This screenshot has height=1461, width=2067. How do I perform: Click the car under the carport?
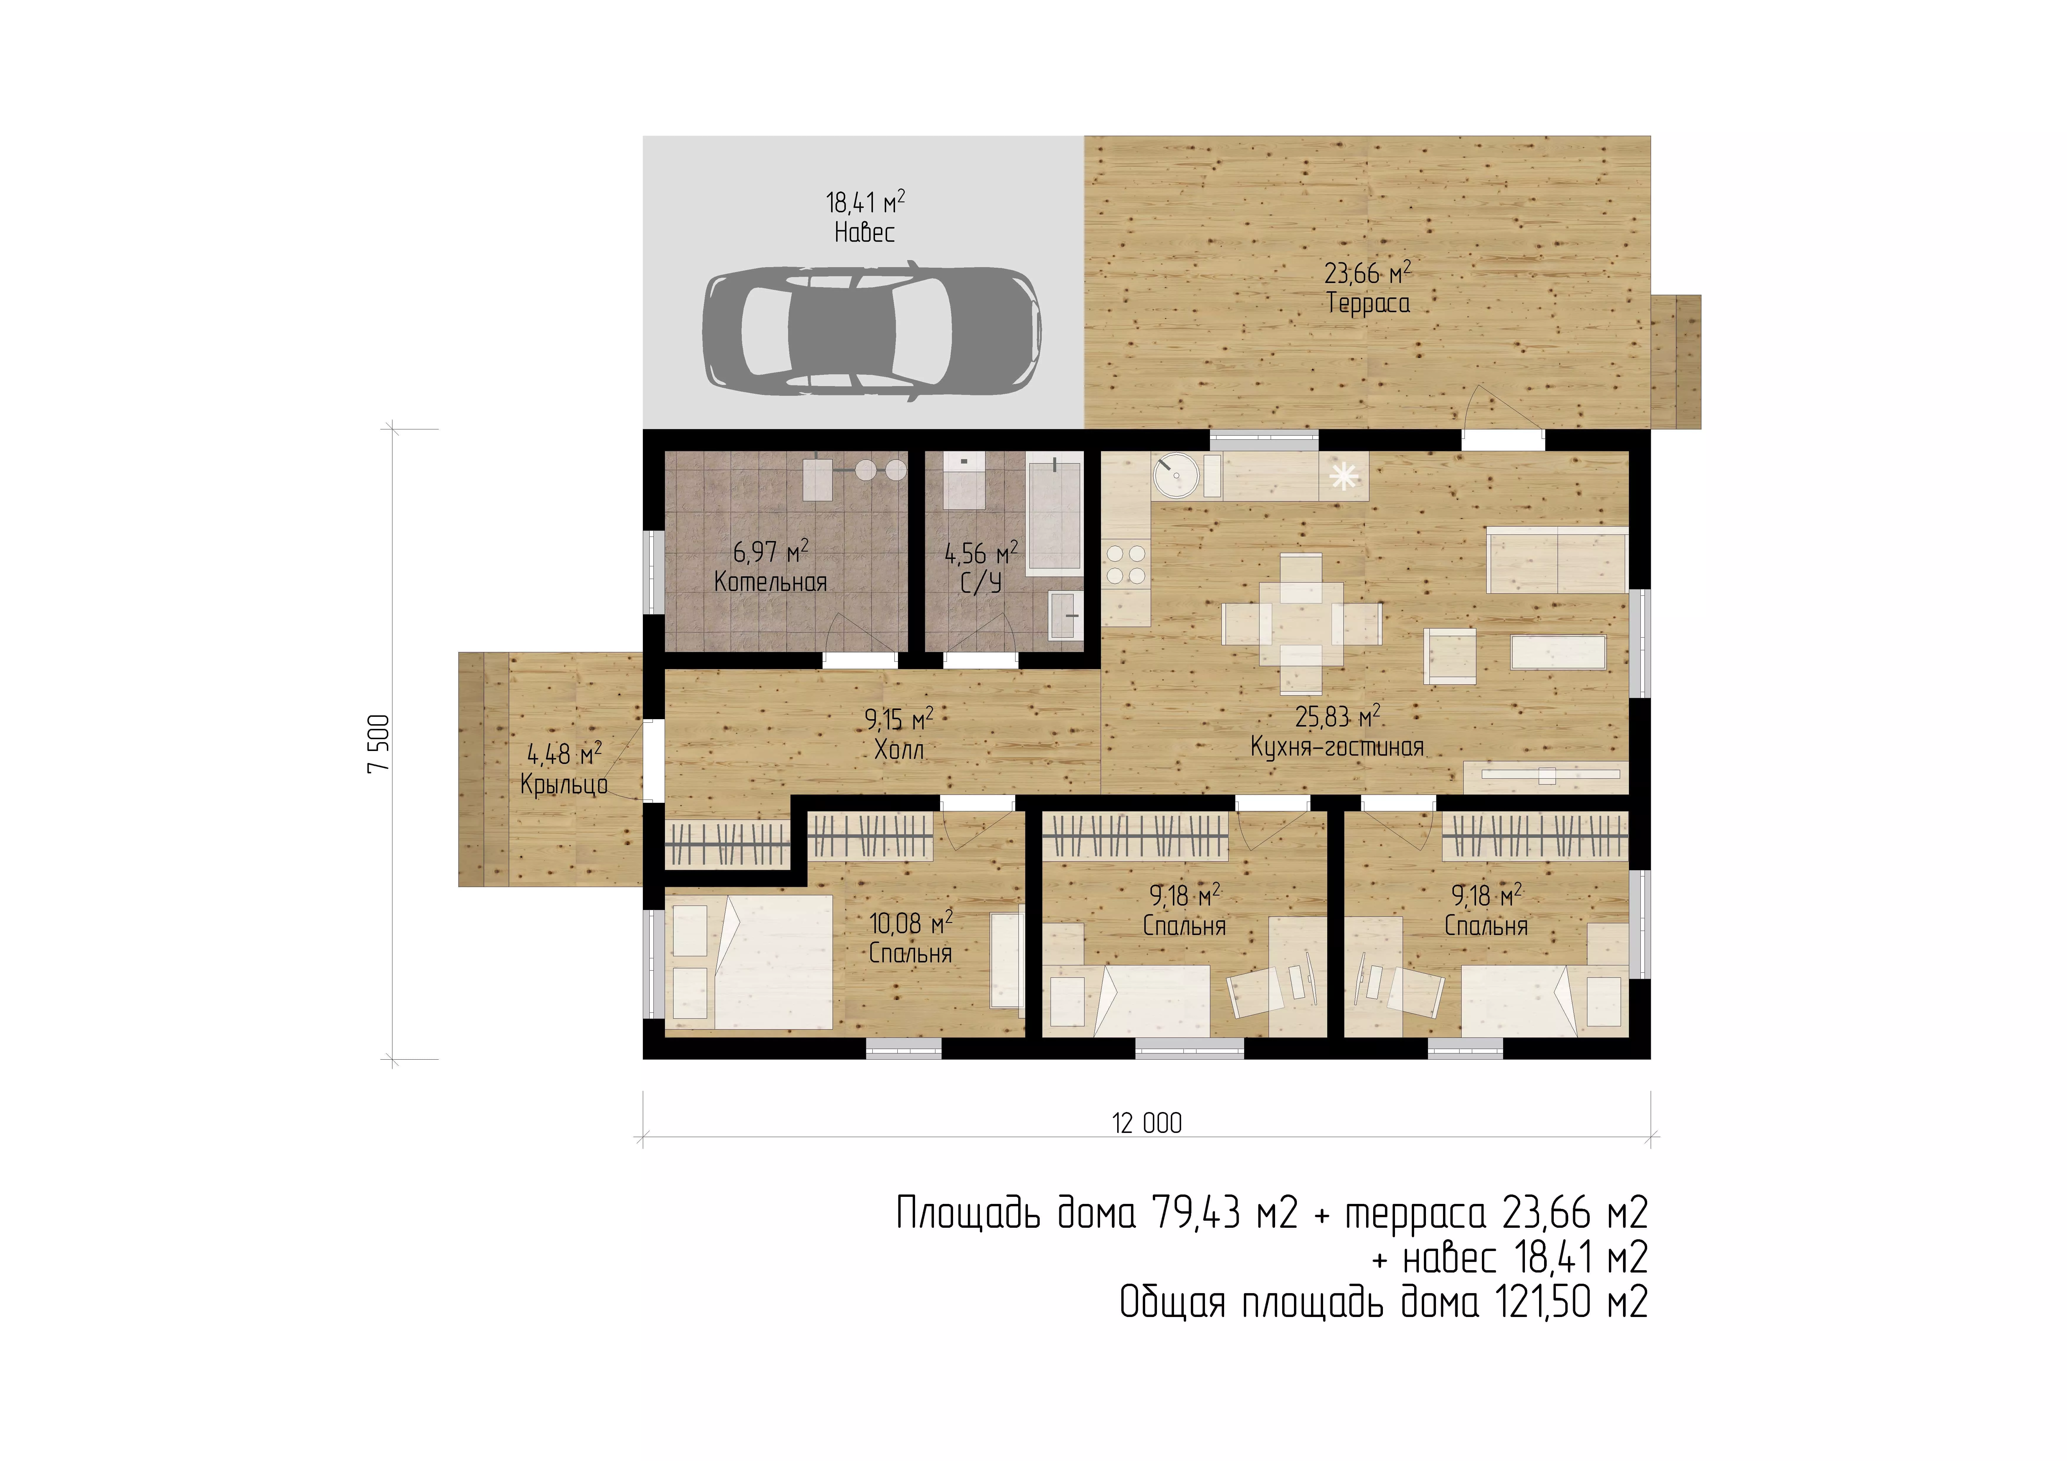click(x=871, y=331)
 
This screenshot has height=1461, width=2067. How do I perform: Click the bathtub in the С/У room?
click(x=1055, y=514)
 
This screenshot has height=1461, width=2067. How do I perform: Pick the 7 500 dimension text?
click(x=379, y=744)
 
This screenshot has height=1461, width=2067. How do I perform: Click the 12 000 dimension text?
click(x=1147, y=1124)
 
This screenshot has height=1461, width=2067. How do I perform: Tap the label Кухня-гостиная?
click(x=1337, y=747)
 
